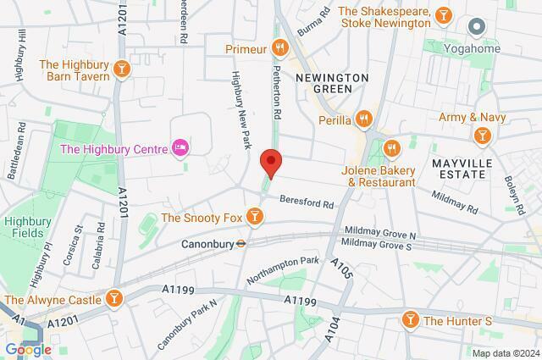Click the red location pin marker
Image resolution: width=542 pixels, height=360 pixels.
[270, 161]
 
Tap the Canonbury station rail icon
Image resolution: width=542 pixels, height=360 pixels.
[241, 242]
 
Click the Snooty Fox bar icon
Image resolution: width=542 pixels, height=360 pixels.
[253, 218]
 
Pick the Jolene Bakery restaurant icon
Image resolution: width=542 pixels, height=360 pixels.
[391, 149]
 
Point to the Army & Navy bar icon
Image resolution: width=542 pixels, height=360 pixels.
[482, 135]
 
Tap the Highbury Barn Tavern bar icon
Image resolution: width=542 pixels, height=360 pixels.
[123, 69]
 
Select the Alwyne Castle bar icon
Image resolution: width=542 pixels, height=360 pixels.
[113, 298]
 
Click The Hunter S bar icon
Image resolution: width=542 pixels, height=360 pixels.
[410, 319]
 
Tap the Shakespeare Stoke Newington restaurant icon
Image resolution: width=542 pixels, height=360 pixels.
[441, 15]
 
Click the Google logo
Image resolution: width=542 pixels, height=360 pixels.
[27, 349]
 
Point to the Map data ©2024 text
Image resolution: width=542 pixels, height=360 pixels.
[505, 352]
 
